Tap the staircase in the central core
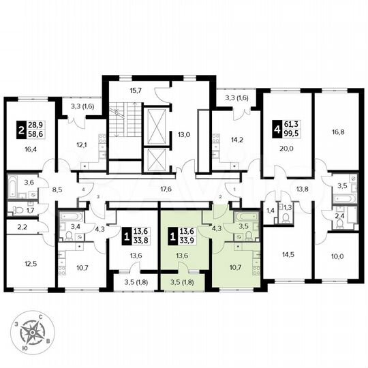123,127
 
